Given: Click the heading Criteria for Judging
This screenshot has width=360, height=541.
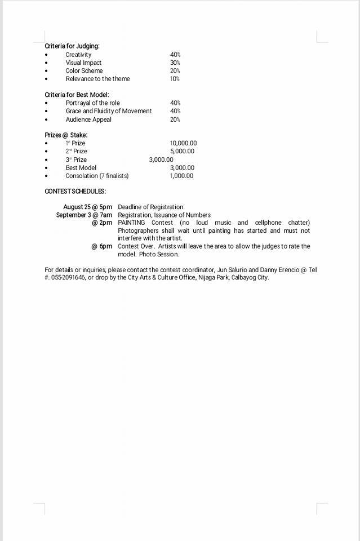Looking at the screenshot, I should (x=72, y=46).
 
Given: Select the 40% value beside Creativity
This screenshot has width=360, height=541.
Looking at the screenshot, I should (x=175, y=55).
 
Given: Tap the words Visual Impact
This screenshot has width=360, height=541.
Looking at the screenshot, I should (x=83, y=63).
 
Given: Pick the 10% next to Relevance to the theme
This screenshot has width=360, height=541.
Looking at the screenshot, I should (x=175, y=79).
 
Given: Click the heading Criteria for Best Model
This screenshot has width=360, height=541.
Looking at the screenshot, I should (x=77, y=95).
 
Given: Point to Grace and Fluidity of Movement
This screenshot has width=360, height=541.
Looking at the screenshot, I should (x=108, y=111).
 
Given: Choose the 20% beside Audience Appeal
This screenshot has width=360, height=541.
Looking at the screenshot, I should (x=175, y=119).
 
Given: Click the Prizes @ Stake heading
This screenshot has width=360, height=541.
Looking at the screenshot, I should (x=66, y=135).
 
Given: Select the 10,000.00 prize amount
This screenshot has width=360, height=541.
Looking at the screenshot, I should (x=183, y=143).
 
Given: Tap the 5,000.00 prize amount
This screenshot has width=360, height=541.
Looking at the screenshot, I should (x=182, y=151).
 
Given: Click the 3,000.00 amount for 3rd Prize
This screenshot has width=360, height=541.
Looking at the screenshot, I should (x=161, y=159).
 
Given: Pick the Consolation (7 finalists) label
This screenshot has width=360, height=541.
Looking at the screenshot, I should (x=97, y=176).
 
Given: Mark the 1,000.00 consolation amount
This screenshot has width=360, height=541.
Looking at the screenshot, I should (x=181, y=176).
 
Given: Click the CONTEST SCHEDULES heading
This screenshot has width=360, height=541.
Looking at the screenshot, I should (x=75, y=192).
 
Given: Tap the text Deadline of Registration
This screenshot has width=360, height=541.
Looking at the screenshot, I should (x=150, y=207).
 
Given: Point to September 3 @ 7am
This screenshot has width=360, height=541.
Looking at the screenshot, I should (x=84, y=215).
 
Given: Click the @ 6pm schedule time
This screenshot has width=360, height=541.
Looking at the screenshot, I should (x=102, y=246).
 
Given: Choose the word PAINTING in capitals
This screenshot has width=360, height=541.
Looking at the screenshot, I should (x=131, y=223).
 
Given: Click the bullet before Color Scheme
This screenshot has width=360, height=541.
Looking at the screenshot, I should (x=46, y=71).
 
